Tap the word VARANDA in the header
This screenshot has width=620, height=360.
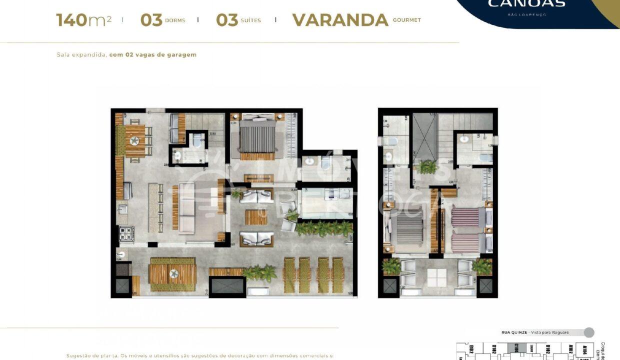click(x=340, y=20)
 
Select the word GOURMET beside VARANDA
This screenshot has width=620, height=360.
click(x=406, y=20)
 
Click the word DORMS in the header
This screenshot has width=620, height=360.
click(x=174, y=20)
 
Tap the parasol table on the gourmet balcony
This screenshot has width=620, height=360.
click(x=173, y=274)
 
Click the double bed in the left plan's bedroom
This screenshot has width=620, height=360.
click(x=257, y=137)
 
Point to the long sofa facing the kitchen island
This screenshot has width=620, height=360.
click(x=186, y=207)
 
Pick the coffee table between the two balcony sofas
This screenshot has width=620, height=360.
click(x=256, y=217)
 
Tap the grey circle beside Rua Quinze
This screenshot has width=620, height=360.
click(x=589, y=332)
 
